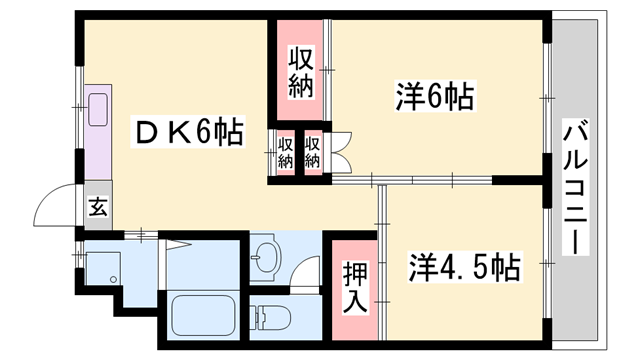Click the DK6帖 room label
coord(189,131)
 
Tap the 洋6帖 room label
coord(435,96)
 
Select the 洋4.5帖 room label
coord(465,267)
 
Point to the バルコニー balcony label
coord(576,187)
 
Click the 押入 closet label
coord(355,287)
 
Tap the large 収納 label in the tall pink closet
coord(301,73)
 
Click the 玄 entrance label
coord(98,207)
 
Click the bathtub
coord(203,315)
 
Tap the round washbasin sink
coord(267,258)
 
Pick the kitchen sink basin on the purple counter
coord(98,109)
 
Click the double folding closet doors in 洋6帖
coord(341,152)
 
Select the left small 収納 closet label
coord(286,153)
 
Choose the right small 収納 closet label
coord(312,153)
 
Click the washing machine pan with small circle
coord(102,268)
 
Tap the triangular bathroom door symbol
coord(175,245)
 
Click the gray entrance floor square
coord(98,205)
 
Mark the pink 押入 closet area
coord(355,290)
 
